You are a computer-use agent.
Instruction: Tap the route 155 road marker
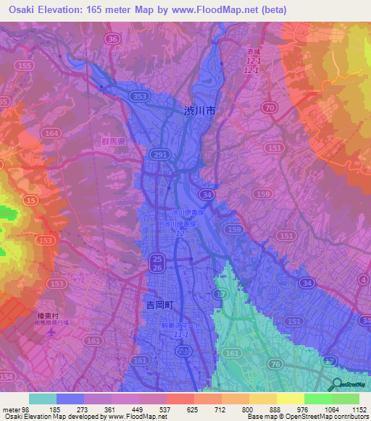click(x=25, y=66)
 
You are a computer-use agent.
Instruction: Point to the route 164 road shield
click(x=51, y=133)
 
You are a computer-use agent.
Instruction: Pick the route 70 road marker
click(x=270, y=108)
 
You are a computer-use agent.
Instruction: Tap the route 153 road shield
click(x=45, y=240)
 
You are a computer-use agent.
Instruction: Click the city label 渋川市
click(x=199, y=111)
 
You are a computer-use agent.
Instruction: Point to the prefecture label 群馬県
click(x=114, y=143)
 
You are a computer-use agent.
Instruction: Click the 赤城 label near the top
click(x=251, y=53)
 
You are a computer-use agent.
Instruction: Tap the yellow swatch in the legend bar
click(x=290, y=399)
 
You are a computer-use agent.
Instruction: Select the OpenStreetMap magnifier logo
click(x=335, y=385)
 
